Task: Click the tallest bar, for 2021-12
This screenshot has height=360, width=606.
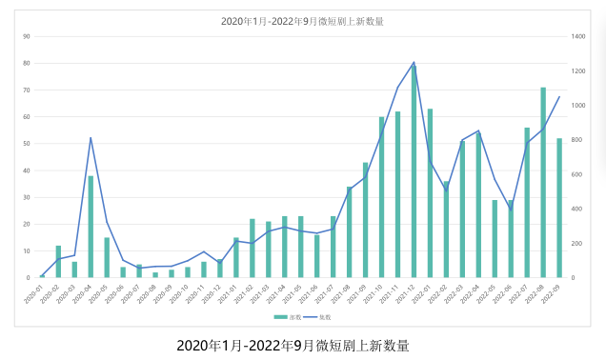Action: coord(414,171)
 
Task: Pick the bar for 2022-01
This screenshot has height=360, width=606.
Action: coord(430,193)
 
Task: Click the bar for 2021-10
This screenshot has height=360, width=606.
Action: coord(381,197)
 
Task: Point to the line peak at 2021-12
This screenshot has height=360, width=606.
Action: coord(414,63)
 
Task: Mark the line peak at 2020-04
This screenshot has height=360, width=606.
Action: coord(91,137)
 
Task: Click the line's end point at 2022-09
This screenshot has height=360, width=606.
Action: coord(559,96)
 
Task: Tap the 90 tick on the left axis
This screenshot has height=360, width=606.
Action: coord(27,37)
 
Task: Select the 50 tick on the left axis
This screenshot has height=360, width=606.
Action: coord(27,144)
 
